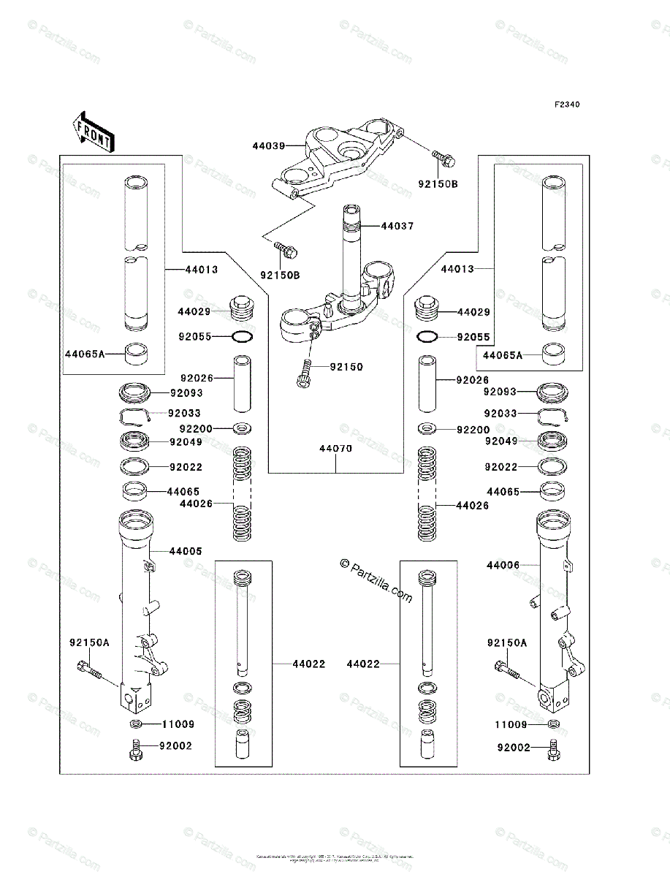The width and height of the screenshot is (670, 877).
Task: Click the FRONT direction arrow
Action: click(x=92, y=131)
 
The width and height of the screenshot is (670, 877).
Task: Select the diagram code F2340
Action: click(x=566, y=105)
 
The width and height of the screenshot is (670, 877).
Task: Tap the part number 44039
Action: click(x=268, y=146)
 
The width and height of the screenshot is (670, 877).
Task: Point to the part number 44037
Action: click(x=397, y=227)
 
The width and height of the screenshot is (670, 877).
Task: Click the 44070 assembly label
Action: click(x=335, y=449)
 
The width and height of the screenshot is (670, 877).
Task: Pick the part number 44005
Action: click(x=186, y=551)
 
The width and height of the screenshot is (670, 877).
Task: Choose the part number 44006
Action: click(x=503, y=565)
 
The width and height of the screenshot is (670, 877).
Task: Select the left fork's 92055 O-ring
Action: click(x=242, y=337)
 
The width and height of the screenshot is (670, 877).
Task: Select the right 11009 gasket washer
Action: click(x=554, y=724)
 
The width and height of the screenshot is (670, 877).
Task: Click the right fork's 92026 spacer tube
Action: click(x=427, y=384)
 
